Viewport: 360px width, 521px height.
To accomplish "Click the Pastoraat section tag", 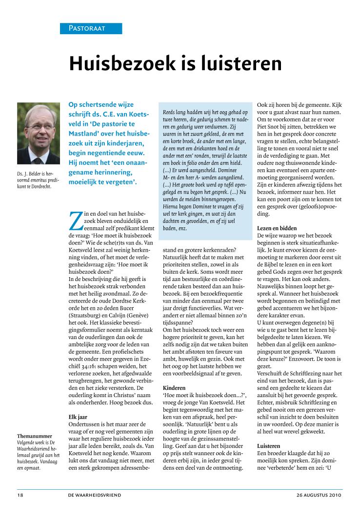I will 84,28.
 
